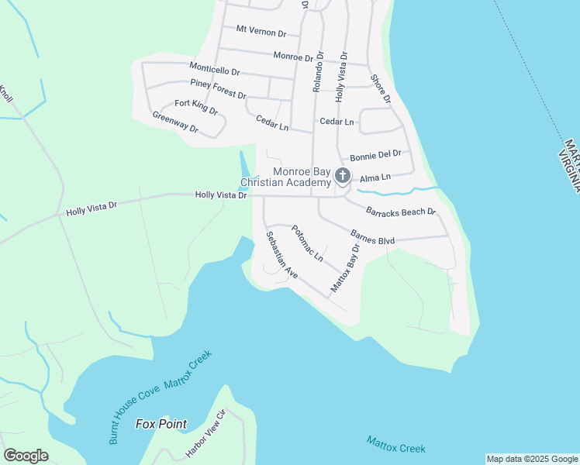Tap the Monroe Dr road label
299,57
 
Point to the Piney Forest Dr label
218,89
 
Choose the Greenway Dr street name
175,122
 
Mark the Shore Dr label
381,88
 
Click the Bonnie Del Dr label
375,154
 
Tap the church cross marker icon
343,177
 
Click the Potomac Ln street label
307,243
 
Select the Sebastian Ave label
281,255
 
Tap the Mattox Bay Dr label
346,268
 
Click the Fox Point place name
161,424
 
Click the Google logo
26,455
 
